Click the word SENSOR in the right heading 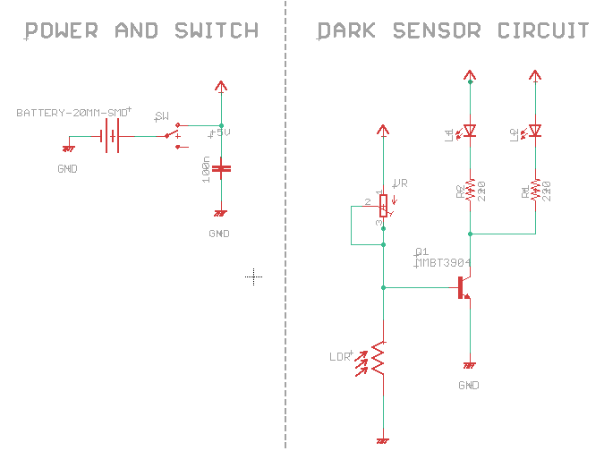[429, 31]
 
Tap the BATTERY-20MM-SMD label [72, 113]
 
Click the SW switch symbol [176, 134]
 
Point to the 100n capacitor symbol [221, 168]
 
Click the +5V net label [220, 132]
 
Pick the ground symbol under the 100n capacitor [221, 214]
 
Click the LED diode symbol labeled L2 [535, 131]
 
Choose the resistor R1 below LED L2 [535, 190]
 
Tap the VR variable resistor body [384, 204]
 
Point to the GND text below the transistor [469, 386]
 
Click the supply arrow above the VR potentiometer [384, 131]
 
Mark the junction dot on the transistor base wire [384, 287]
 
